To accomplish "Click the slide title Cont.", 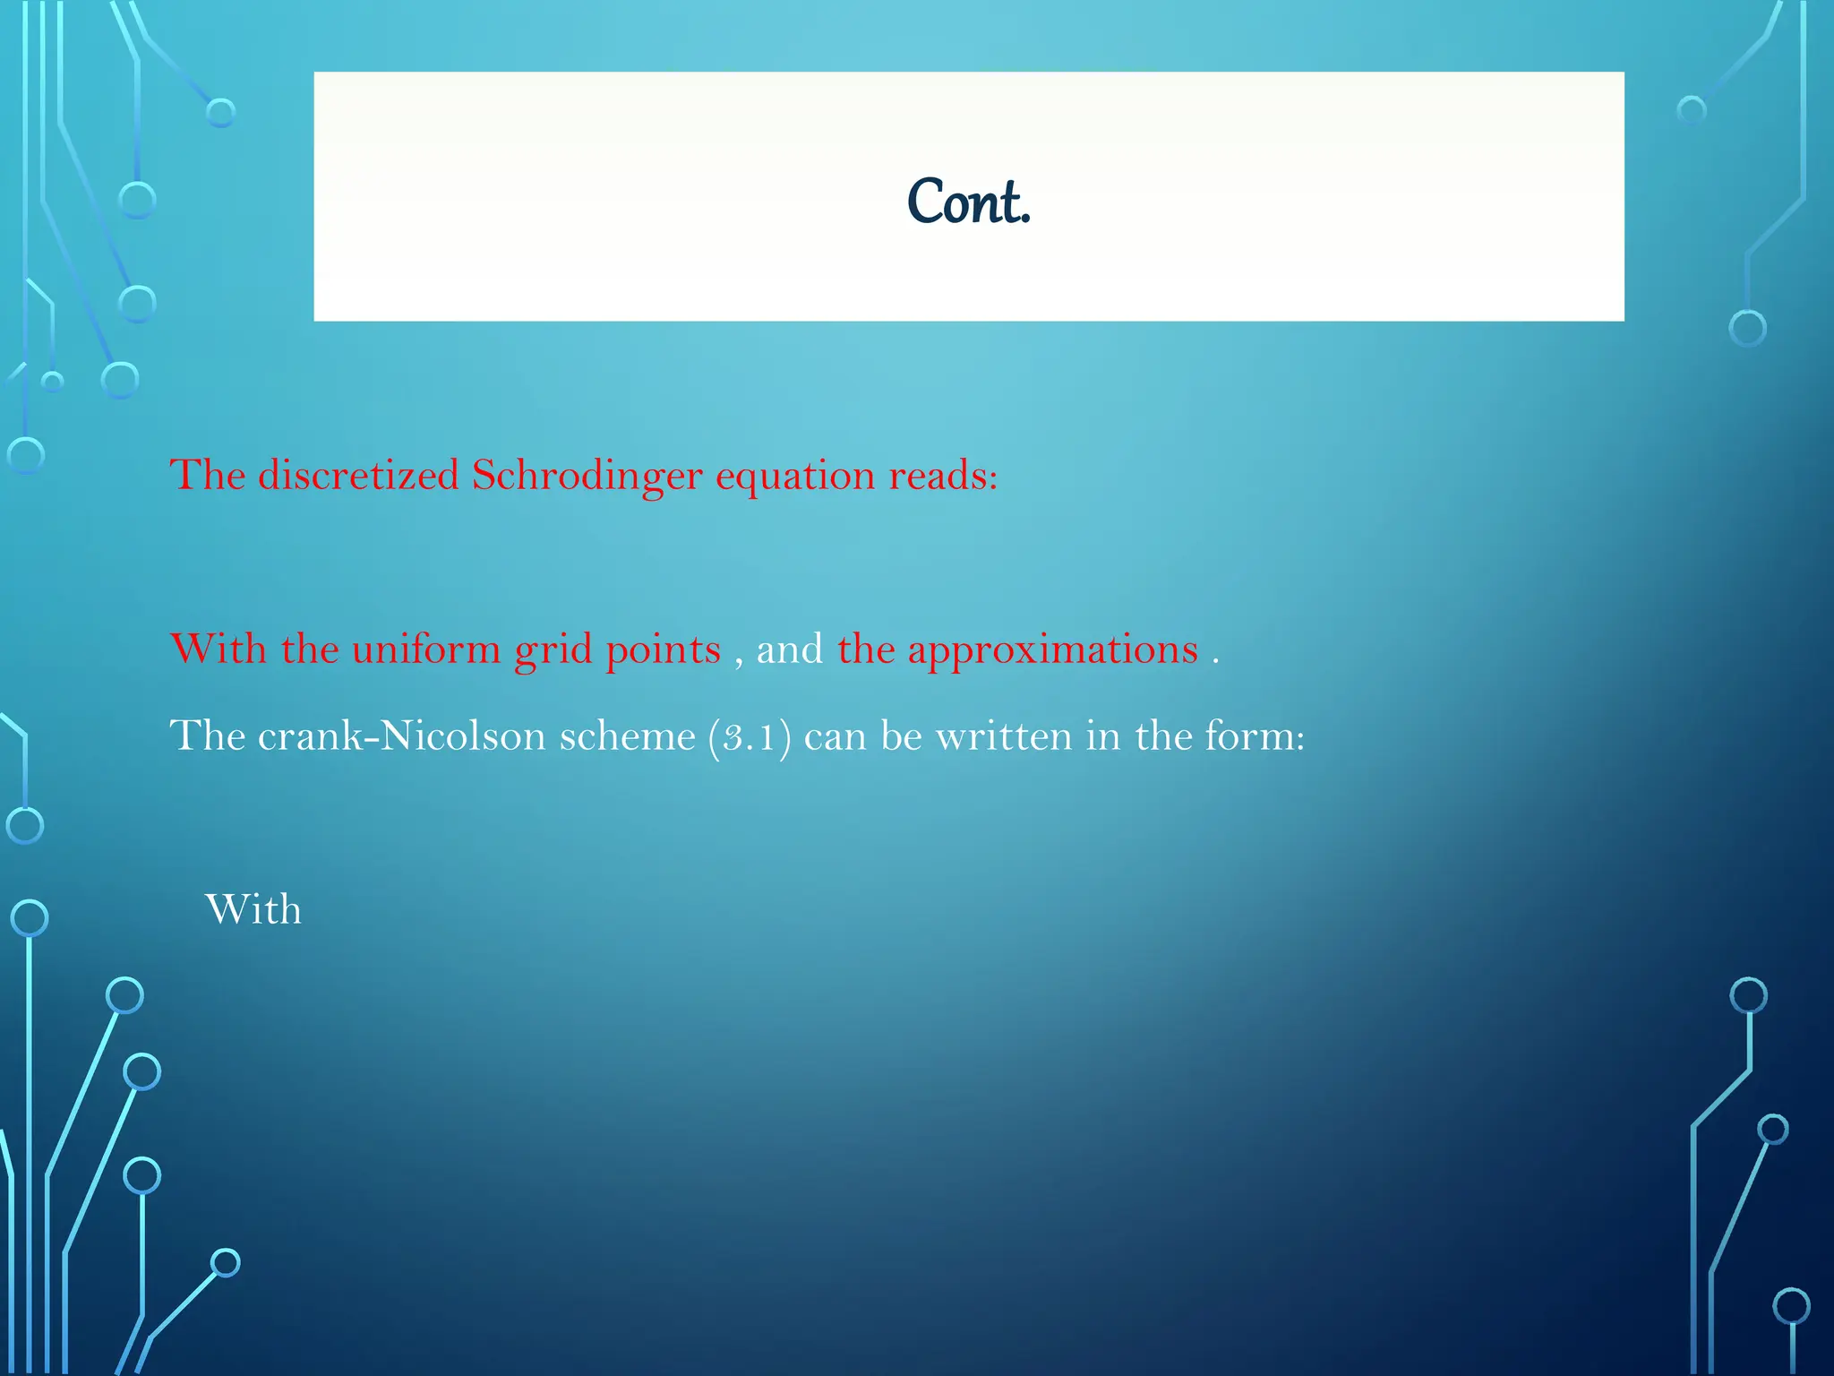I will [968, 202].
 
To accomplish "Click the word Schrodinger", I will [587, 475].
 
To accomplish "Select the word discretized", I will [358, 475].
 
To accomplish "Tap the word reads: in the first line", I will [943, 475].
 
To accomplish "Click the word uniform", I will [426, 649].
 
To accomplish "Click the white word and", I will [789, 649].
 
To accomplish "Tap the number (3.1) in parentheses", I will [750, 737].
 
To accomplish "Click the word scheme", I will [627, 736].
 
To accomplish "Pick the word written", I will [1004, 736].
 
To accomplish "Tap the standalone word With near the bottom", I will [253, 910].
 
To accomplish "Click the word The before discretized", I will [207, 475].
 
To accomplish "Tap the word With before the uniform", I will [218, 649].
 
